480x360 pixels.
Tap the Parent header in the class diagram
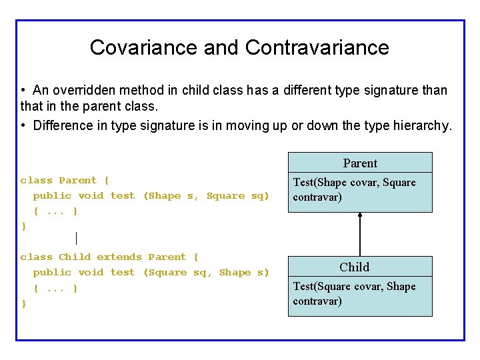[360, 163]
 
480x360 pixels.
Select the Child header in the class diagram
[354, 267]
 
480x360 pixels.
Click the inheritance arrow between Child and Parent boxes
[360, 234]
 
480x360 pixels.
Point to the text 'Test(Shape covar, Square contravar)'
[355, 190]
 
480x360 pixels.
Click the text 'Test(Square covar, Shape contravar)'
[355, 293]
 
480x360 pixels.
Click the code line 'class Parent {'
[65, 181]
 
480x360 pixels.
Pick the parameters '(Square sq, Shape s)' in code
[206, 273]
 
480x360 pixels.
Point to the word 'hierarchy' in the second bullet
[421, 125]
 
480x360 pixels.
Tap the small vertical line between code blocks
[77, 238]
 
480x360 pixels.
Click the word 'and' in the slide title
[221, 47]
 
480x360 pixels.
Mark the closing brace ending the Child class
[24, 303]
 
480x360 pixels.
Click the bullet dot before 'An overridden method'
[23, 90]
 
